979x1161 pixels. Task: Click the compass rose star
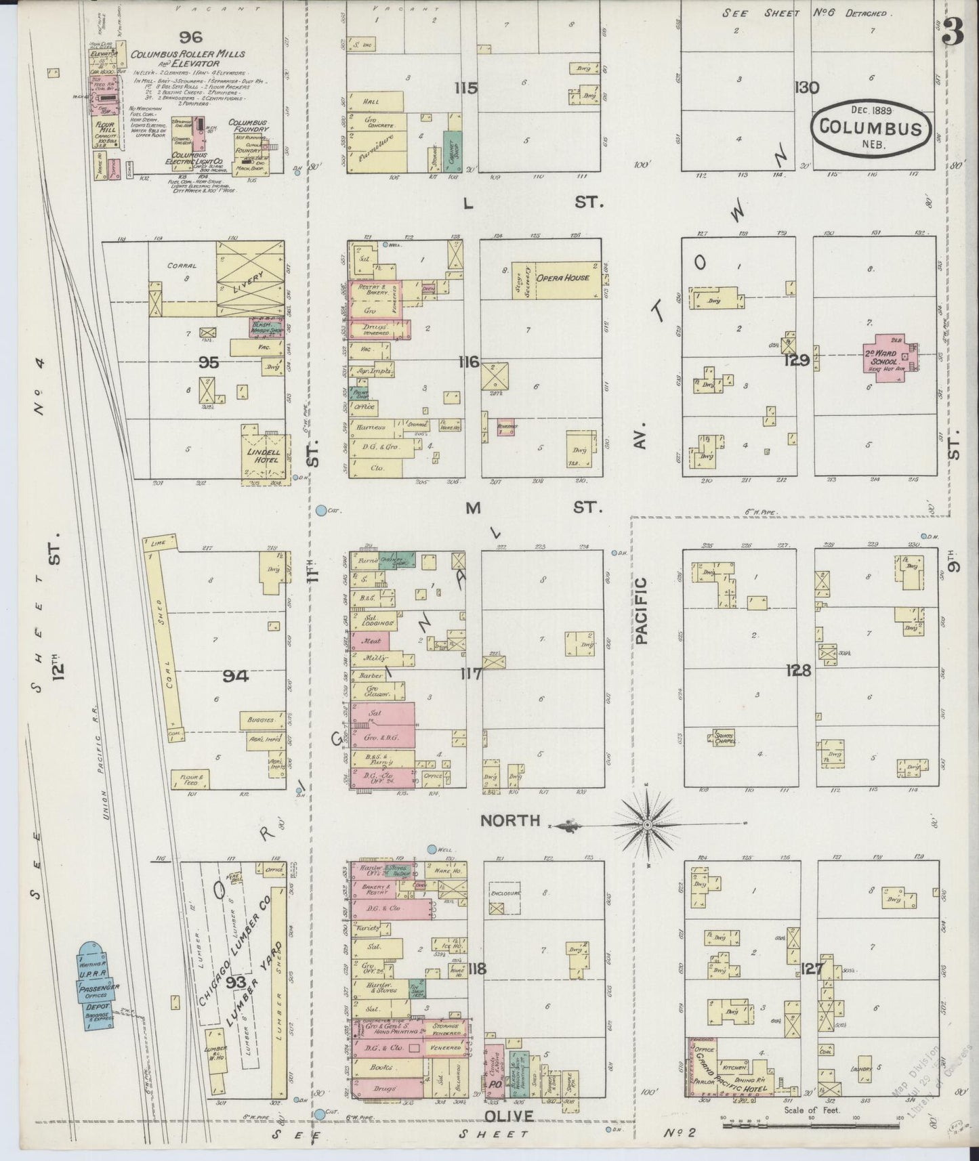click(646, 825)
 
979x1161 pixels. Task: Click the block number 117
click(471, 674)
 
